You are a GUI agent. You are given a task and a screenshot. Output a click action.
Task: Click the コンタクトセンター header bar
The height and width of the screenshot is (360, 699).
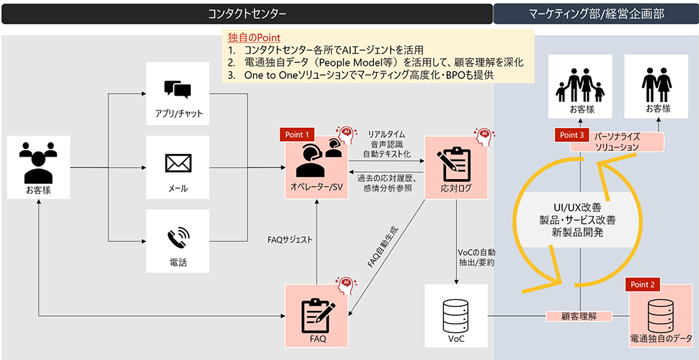click(x=247, y=14)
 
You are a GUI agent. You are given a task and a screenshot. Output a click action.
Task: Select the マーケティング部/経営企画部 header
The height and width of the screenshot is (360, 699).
click(x=596, y=14)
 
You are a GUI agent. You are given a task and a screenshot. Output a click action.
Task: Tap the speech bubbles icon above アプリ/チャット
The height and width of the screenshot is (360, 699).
click(x=178, y=89)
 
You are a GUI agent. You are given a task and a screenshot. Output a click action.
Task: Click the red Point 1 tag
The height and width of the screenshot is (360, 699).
click(x=297, y=134)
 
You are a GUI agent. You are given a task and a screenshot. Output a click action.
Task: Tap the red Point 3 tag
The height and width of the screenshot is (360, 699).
click(x=572, y=134)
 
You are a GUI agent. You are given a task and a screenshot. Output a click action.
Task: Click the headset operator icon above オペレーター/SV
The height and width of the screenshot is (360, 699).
click(x=318, y=159)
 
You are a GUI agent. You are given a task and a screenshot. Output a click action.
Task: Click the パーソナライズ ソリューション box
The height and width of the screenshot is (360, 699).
click(x=617, y=141)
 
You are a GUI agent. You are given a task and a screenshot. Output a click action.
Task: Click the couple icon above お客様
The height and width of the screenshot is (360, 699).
click(x=656, y=85)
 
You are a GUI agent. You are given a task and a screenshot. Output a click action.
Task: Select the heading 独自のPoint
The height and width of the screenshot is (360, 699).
click(x=254, y=38)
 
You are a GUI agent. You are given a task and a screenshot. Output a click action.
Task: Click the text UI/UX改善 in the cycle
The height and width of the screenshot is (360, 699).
click(x=577, y=208)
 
